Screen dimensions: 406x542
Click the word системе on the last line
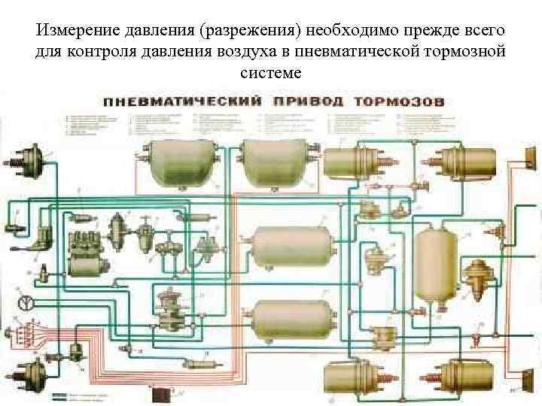(270, 73)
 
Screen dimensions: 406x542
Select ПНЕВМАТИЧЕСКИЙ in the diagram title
(182, 101)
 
